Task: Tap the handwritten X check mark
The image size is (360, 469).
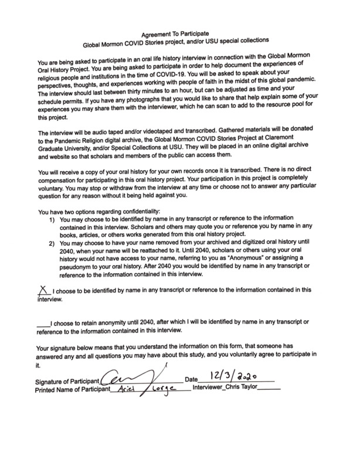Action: point(42,289)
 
